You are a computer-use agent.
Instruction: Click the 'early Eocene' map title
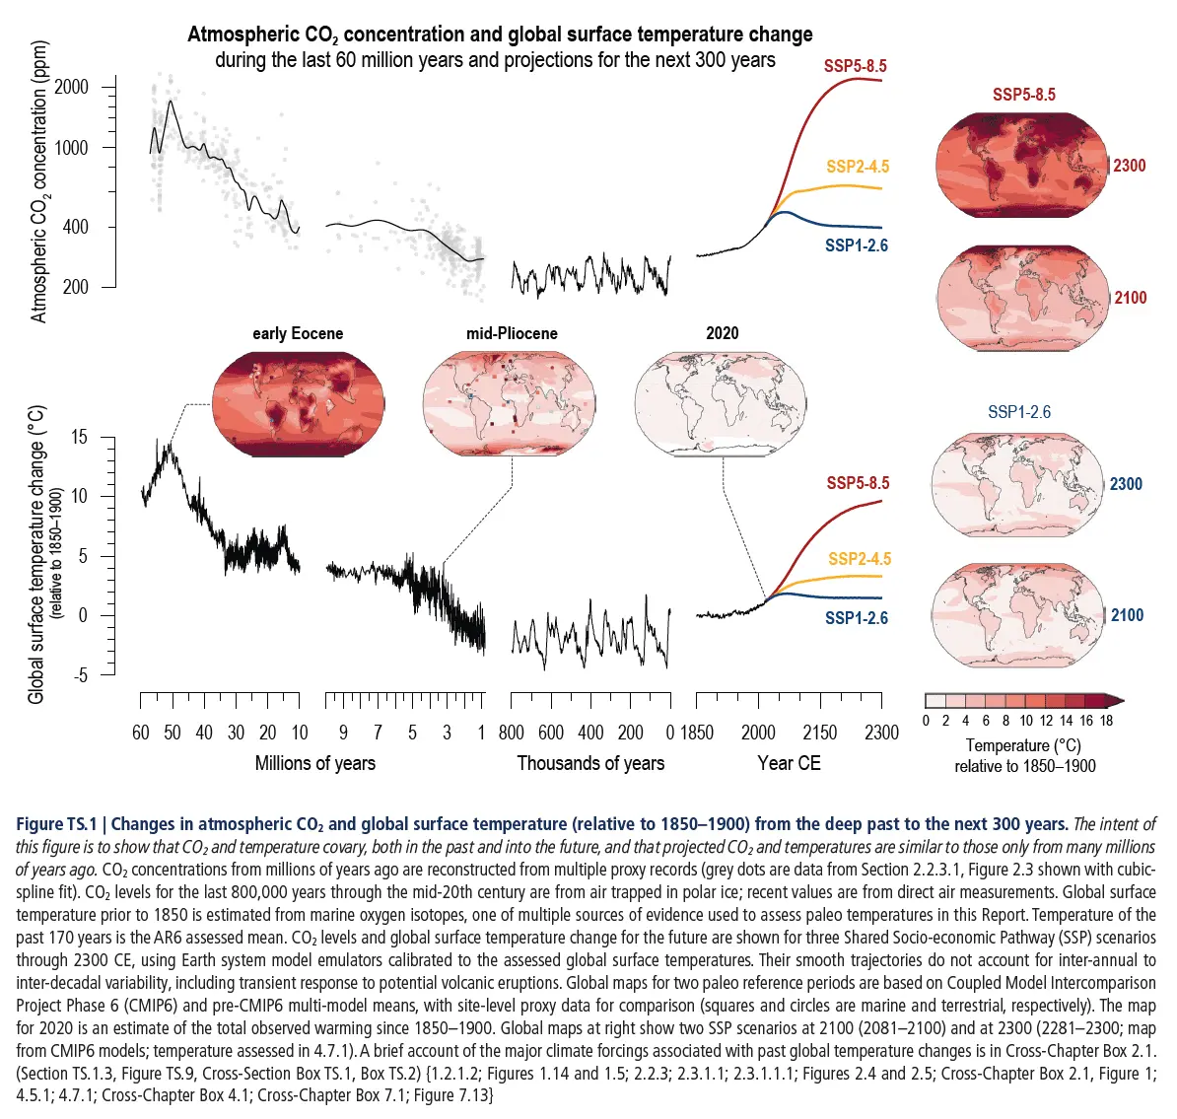tap(298, 333)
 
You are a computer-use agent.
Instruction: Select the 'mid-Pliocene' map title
tap(512, 333)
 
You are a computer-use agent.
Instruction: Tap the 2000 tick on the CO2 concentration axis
tap(71, 87)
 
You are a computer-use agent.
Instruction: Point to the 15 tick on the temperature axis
tap(79, 437)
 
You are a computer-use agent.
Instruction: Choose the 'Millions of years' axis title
tap(314, 763)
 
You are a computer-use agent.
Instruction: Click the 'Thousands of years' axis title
tap(590, 763)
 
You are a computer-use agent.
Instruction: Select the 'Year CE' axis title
tap(789, 763)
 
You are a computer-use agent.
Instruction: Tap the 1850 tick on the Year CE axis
tap(696, 733)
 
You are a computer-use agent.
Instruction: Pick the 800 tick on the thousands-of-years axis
tap(511, 733)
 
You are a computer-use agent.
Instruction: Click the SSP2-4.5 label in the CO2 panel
tap(858, 167)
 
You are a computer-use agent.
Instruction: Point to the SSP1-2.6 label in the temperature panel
tap(857, 618)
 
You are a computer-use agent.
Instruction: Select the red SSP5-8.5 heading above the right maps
tap(1023, 95)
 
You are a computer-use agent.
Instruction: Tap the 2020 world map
tap(720, 404)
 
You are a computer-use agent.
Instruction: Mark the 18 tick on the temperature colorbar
tap(1106, 721)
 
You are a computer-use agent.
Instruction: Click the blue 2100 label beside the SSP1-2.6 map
tap(1127, 615)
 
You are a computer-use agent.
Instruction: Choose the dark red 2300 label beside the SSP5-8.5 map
tap(1129, 166)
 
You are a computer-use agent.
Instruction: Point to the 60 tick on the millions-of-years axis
tap(141, 733)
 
